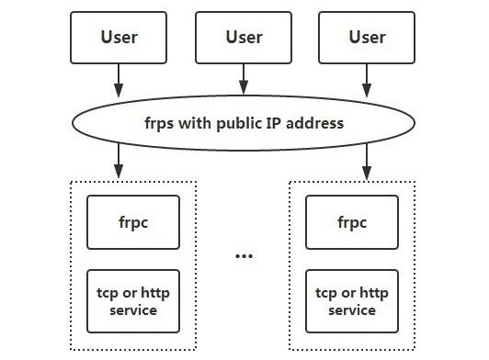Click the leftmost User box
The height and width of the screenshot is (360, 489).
119,38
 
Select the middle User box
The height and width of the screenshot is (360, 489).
243,38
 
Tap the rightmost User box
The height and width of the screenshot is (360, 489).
367,38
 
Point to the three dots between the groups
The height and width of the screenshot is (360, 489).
243,253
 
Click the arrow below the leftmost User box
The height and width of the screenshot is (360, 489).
119,83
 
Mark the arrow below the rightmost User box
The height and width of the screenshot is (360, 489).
367,83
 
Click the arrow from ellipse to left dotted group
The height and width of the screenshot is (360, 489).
119,163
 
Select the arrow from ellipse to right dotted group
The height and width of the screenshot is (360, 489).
367,163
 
